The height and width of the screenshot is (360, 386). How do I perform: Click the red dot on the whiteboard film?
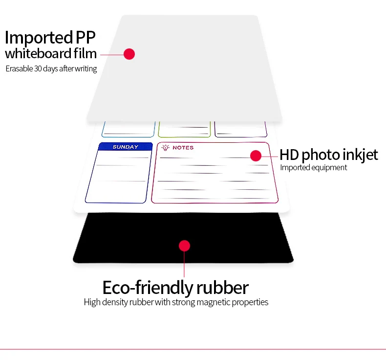coord(129,54)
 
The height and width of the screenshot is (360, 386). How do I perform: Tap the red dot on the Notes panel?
coord(256,156)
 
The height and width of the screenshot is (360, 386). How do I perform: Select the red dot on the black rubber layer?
coord(184,246)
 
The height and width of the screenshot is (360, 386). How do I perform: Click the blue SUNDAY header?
coord(125,147)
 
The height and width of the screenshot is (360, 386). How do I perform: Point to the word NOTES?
coord(183,148)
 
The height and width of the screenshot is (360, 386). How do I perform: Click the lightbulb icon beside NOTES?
coord(165,147)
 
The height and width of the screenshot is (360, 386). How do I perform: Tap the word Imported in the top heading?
coord(38,38)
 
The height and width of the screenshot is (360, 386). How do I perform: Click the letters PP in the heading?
coord(86,38)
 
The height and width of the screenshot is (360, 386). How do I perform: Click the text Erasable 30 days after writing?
coord(51,68)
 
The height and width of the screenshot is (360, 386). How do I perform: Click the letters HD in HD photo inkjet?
coord(290,155)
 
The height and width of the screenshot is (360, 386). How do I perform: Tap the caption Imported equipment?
coord(313,168)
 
